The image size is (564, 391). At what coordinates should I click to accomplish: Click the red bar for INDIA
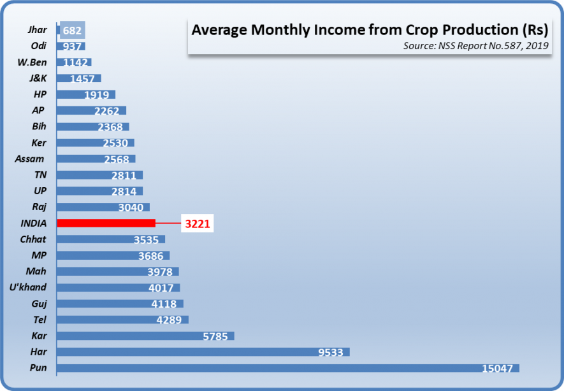click(x=106, y=223)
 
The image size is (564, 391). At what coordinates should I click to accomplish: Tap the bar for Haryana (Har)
click(x=203, y=352)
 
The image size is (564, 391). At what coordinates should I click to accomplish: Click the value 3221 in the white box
click(x=198, y=224)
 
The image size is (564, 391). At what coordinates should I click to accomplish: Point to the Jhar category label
click(x=37, y=30)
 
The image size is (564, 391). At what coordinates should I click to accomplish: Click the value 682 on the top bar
click(x=72, y=31)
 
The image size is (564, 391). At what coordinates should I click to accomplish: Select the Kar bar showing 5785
click(x=145, y=336)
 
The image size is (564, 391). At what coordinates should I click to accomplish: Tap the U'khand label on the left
click(x=28, y=287)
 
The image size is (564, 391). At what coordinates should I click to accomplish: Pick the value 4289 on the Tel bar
click(x=170, y=320)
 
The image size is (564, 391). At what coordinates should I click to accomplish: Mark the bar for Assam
click(x=96, y=159)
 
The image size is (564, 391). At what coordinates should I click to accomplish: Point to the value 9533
click(x=331, y=352)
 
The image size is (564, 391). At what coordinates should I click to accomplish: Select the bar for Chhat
click(x=110, y=239)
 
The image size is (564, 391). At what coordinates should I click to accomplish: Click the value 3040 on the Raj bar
click(x=131, y=207)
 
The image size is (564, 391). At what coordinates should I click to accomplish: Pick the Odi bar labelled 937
click(x=71, y=46)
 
